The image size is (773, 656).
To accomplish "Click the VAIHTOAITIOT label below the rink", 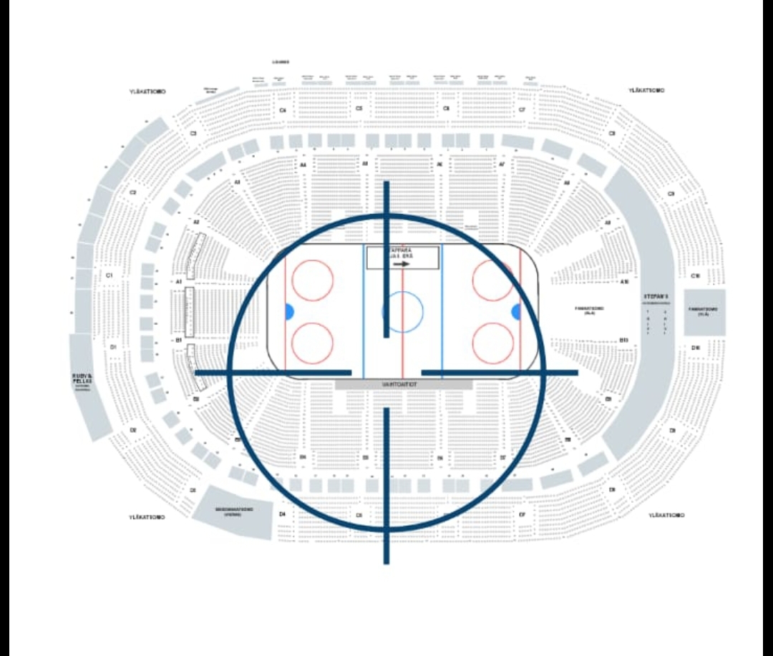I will tap(404, 384).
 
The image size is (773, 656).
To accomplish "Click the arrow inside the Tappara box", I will tap(402, 263).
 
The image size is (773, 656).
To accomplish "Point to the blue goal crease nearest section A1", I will tap(289, 312).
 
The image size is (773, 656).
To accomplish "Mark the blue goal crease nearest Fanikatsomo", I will tap(515, 312).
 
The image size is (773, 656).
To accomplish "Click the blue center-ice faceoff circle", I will tap(403, 312).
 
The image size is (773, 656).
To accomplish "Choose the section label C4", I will tap(283, 110).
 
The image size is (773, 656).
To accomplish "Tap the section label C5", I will tap(359, 109).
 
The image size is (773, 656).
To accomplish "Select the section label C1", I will tap(110, 275).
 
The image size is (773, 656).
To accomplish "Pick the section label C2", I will tap(133, 192).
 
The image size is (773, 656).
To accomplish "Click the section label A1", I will tap(178, 282).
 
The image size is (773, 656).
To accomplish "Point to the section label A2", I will tap(196, 222).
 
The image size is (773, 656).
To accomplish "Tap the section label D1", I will tap(113, 346).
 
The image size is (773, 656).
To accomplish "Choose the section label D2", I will tap(133, 430).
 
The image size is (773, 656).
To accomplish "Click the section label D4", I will tap(283, 514).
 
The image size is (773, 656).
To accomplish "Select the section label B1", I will tap(178, 341).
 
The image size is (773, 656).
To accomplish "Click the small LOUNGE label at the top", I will tap(285, 62).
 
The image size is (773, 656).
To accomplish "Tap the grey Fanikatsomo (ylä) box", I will tap(704, 312).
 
